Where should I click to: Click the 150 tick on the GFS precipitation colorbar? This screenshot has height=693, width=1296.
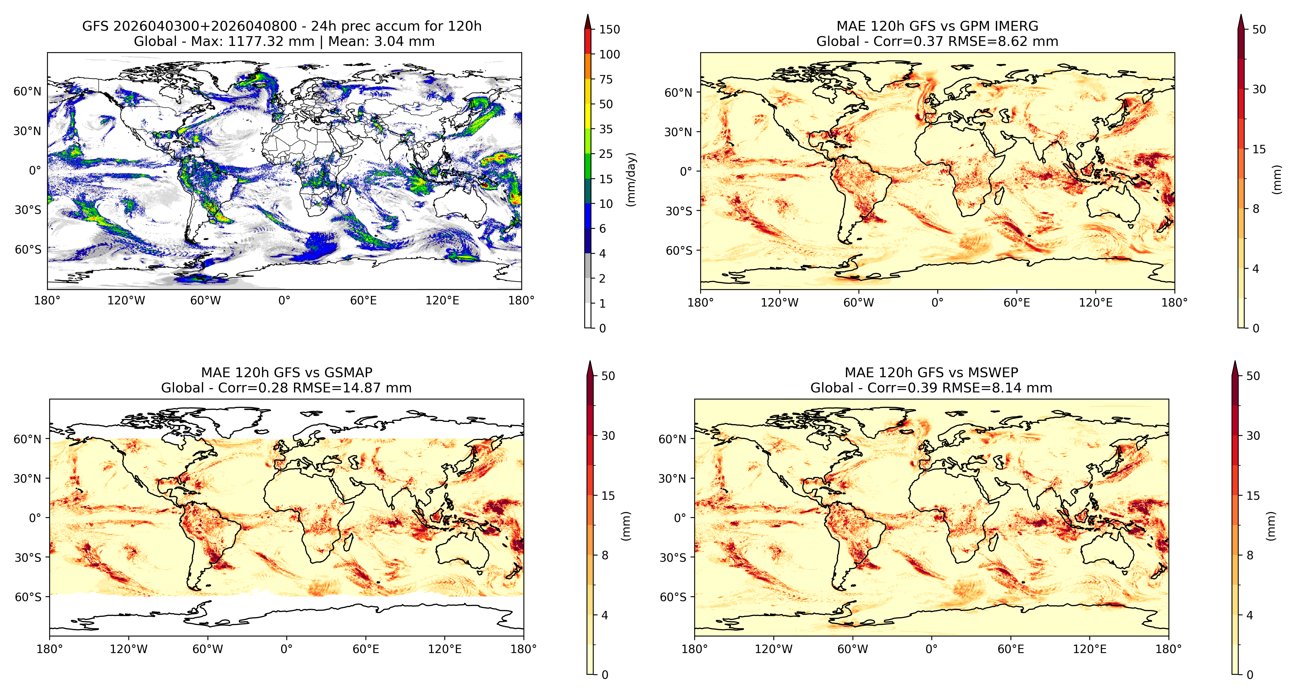(x=609, y=29)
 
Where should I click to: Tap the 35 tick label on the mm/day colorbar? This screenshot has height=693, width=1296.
(x=606, y=129)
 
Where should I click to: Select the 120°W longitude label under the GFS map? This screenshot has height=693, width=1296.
(x=126, y=301)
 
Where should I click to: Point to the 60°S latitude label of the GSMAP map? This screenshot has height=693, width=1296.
(x=28, y=597)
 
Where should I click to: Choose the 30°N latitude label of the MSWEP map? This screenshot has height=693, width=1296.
(x=672, y=478)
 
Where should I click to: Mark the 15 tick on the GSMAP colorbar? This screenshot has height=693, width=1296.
(x=608, y=495)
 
